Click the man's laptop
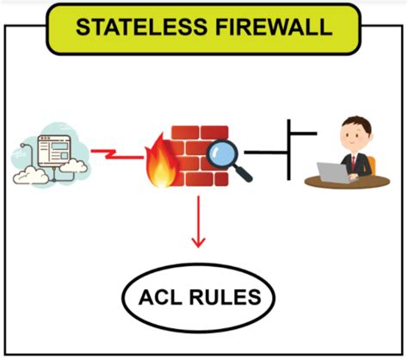point(331,171)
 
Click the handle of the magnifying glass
point(244,174)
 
